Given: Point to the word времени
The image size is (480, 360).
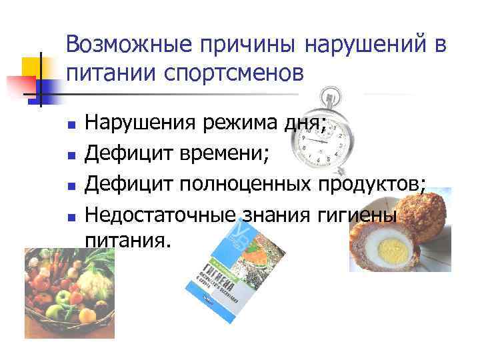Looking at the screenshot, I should click(223, 154).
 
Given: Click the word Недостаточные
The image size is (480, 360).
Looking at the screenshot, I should click(155, 216).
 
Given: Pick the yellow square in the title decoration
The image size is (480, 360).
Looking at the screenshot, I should click(33, 67).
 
